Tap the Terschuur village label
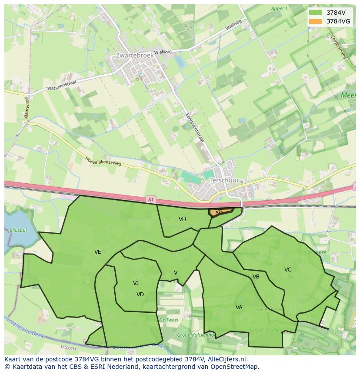tap(224, 180)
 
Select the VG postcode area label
tap(219, 211)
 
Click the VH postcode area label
tap(182, 219)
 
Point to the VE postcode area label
tap(97, 252)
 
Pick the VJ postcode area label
tap(136, 283)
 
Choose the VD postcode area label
tap(140, 295)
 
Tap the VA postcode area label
tap(239, 308)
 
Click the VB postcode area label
tap(256, 277)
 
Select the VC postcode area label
tap(288, 270)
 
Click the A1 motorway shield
tap(150, 199)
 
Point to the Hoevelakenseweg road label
tap(103, 162)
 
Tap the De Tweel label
tap(169, 320)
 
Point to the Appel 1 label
tap(279, 8)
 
